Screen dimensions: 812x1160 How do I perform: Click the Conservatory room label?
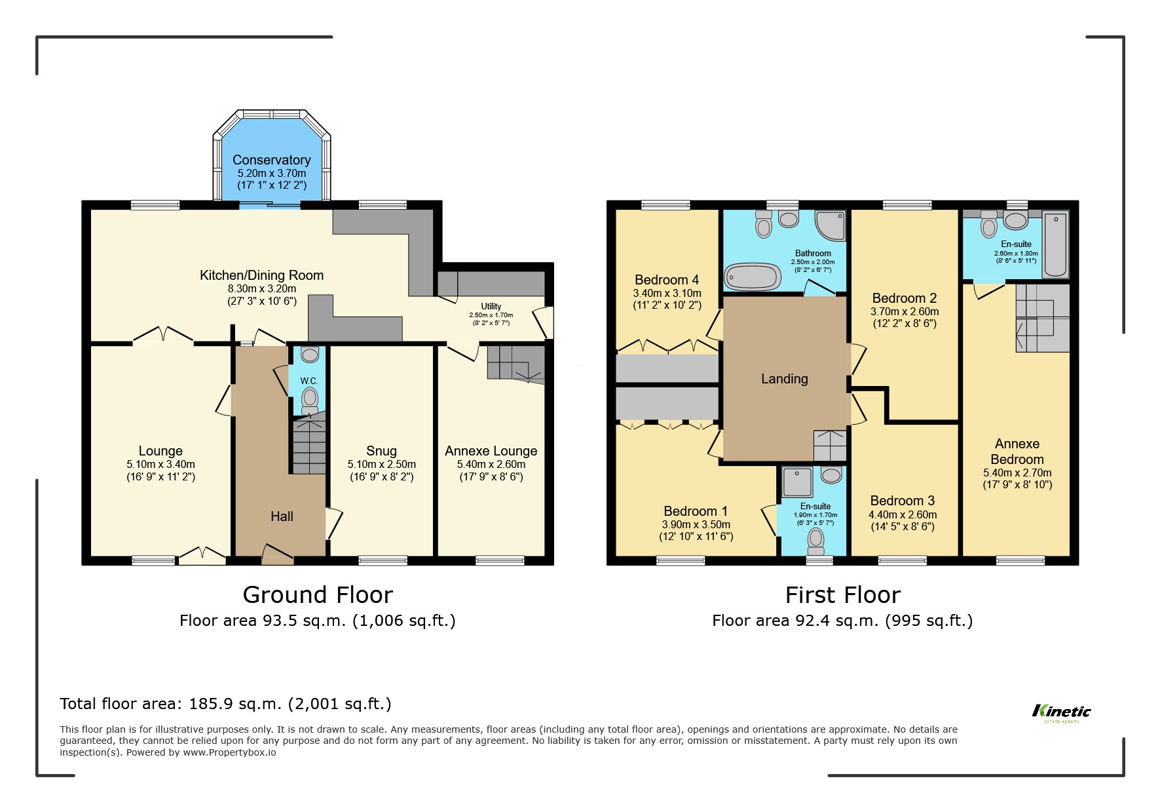click(271, 160)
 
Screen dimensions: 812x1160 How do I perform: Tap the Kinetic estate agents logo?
click(1061, 712)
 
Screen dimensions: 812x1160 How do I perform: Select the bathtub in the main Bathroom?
click(753, 277)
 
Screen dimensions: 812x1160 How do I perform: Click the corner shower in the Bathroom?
click(830, 225)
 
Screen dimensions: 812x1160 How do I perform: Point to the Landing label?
click(784, 379)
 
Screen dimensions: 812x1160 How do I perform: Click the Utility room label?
click(491, 306)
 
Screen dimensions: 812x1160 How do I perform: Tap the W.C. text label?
click(309, 381)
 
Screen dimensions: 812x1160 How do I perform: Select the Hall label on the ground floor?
click(282, 516)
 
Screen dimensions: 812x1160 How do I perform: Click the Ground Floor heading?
click(318, 595)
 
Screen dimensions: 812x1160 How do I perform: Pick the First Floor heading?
click(842, 595)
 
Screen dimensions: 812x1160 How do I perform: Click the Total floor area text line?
click(225, 704)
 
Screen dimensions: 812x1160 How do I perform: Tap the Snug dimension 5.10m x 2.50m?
click(381, 464)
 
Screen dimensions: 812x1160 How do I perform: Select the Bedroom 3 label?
click(902, 501)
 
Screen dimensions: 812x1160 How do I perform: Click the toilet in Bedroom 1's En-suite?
click(815, 540)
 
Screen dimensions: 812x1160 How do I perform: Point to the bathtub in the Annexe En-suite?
click(1055, 244)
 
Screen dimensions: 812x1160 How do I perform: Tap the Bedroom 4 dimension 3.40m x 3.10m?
click(667, 293)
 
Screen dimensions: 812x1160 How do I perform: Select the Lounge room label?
click(160, 451)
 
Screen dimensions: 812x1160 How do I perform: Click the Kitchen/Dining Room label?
click(261, 275)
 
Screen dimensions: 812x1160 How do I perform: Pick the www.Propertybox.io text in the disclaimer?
click(229, 752)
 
